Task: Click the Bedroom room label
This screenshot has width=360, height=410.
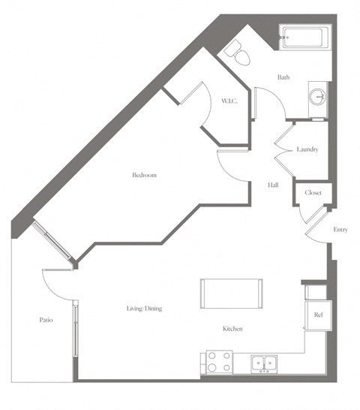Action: pyautogui.click(x=144, y=175)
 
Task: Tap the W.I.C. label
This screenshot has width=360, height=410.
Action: pyautogui.click(x=229, y=101)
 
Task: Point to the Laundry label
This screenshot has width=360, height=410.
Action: pyautogui.click(x=307, y=149)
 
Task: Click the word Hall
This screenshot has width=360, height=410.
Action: pyautogui.click(x=274, y=185)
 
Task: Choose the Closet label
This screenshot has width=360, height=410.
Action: pyautogui.click(x=313, y=193)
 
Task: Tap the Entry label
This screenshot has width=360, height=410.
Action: pyautogui.click(x=340, y=230)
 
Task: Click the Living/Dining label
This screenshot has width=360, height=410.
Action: pyautogui.click(x=144, y=309)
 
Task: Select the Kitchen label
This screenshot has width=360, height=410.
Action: pyautogui.click(x=232, y=329)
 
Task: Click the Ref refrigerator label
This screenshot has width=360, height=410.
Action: pyautogui.click(x=318, y=315)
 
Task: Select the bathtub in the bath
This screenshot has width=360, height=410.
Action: pyautogui.click(x=306, y=38)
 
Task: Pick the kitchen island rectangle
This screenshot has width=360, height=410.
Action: pyautogui.click(x=231, y=294)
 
